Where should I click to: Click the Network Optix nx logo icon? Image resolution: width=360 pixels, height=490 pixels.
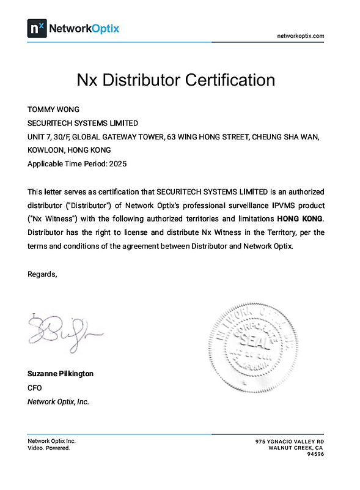(36, 28)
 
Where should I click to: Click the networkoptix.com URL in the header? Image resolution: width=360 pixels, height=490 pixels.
(300, 36)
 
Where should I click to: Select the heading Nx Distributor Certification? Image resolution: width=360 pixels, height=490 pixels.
(175, 80)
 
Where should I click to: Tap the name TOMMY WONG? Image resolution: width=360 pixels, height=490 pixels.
(54, 110)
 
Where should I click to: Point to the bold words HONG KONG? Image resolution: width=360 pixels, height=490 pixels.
(300, 218)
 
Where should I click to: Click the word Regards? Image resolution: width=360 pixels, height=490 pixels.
(42, 273)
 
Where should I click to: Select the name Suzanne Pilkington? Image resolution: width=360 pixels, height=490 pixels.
(61, 373)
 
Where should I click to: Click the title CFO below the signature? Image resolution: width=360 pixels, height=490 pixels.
(35, 387)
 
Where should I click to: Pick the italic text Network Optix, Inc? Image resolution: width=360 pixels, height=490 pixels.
(59, 402)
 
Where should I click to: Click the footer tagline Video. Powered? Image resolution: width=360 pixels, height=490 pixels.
(49, 448)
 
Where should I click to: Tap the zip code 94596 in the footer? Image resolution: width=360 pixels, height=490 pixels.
(315, 454)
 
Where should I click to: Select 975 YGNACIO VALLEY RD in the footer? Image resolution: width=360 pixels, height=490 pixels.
(290, 442)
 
